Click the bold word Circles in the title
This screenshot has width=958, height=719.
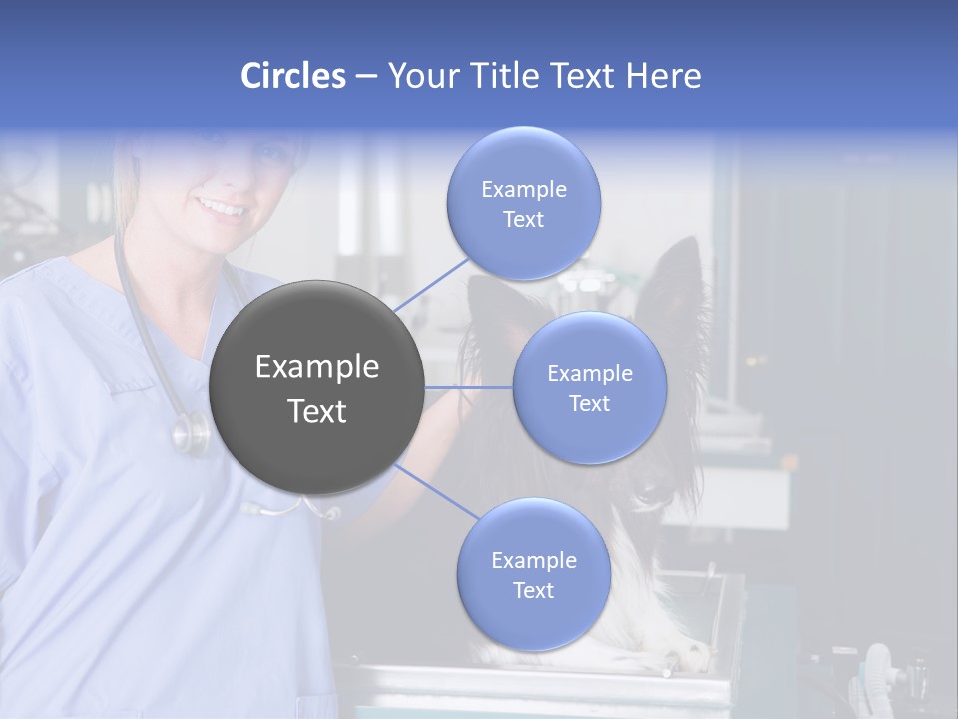293,76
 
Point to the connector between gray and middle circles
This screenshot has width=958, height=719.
468,387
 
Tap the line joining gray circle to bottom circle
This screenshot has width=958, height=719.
436,492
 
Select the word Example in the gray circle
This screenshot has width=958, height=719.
316,367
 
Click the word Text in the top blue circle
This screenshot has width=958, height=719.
524,220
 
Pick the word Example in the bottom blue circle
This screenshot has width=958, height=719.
533,561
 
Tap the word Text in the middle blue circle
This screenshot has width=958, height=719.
589,403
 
